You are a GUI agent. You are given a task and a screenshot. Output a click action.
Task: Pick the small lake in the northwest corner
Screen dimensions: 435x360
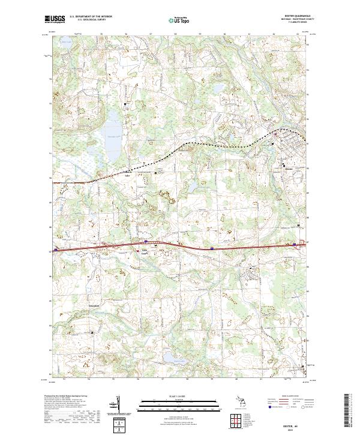(x=65, y=43)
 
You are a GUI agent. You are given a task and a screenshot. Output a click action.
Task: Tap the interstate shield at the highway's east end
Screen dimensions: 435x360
(x=295, y=244)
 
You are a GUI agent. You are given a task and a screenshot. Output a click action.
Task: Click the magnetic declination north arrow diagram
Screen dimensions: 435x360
(x=118, y=406)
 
